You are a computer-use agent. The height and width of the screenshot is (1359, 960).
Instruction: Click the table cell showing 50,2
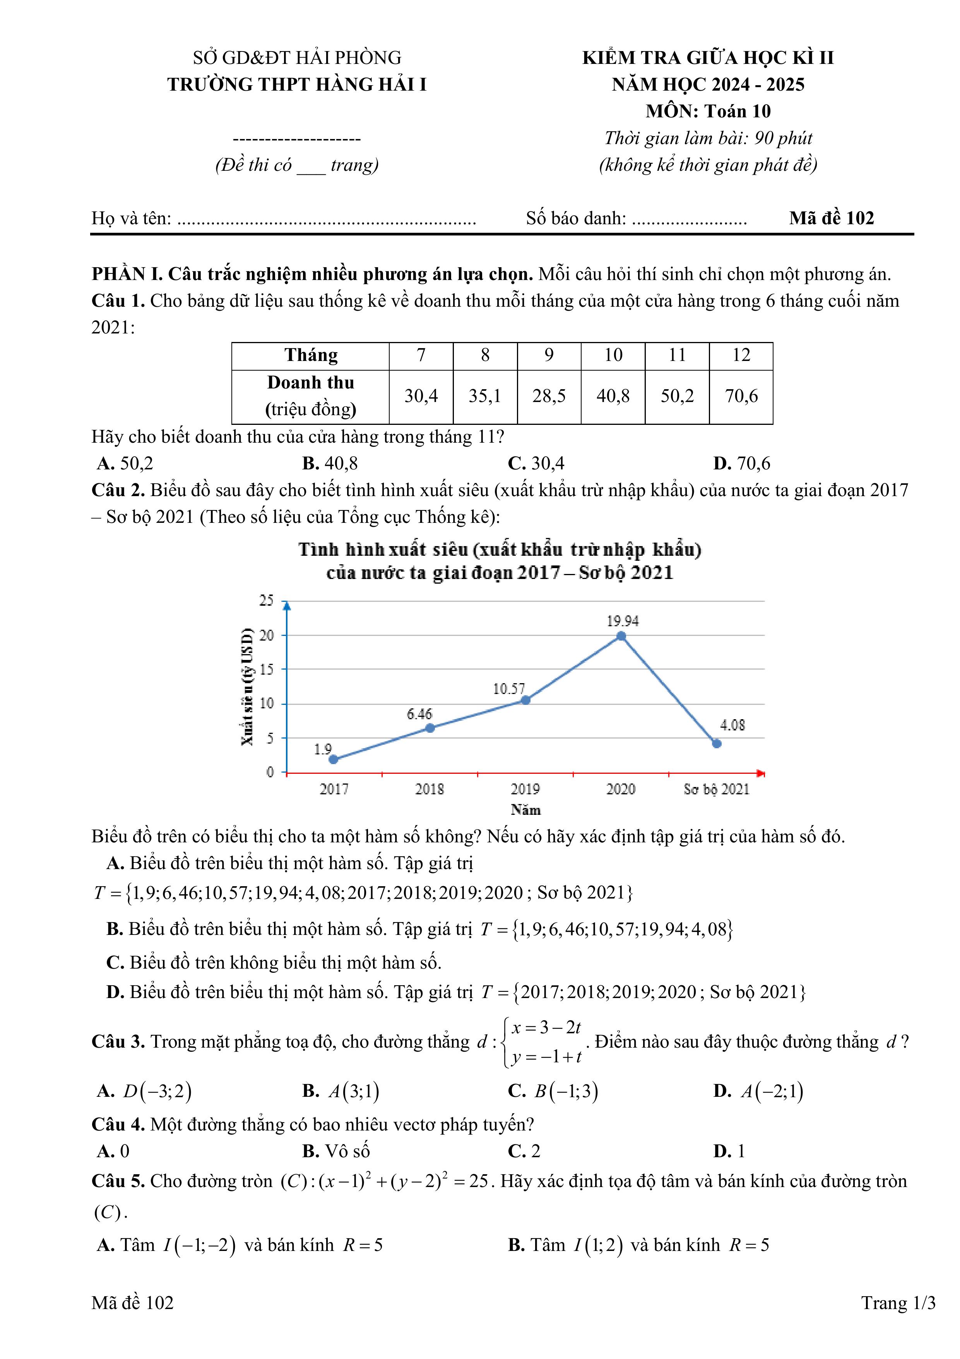click(x=677, y=396)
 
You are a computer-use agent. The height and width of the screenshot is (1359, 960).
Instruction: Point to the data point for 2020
click(x=621, y=636)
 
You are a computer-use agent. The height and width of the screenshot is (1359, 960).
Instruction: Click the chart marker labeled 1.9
click(x=334, y=759)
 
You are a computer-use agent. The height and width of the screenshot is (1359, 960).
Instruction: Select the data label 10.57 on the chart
click(x=509, y=689)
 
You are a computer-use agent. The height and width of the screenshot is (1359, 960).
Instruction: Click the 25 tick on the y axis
click(x=267, y=601)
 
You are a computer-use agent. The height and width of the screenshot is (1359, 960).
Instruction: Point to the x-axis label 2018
click(x=430, y=789)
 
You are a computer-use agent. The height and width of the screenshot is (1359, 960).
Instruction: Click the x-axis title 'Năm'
click(x=525, y=810)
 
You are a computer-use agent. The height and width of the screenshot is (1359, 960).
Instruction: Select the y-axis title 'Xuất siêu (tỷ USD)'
click(x=247, y=687)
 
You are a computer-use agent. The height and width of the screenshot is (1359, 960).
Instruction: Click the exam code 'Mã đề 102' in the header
click(x=831, y=218)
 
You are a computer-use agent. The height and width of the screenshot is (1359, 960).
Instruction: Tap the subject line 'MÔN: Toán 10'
click(x=708, y=111)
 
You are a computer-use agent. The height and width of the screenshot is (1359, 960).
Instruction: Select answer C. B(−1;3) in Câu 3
click(x=553, y=1091)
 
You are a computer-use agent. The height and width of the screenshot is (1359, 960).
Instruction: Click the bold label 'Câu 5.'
click(x=118, y=1181)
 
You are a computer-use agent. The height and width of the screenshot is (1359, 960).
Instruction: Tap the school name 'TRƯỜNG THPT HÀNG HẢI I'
click(x=297, y=85)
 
